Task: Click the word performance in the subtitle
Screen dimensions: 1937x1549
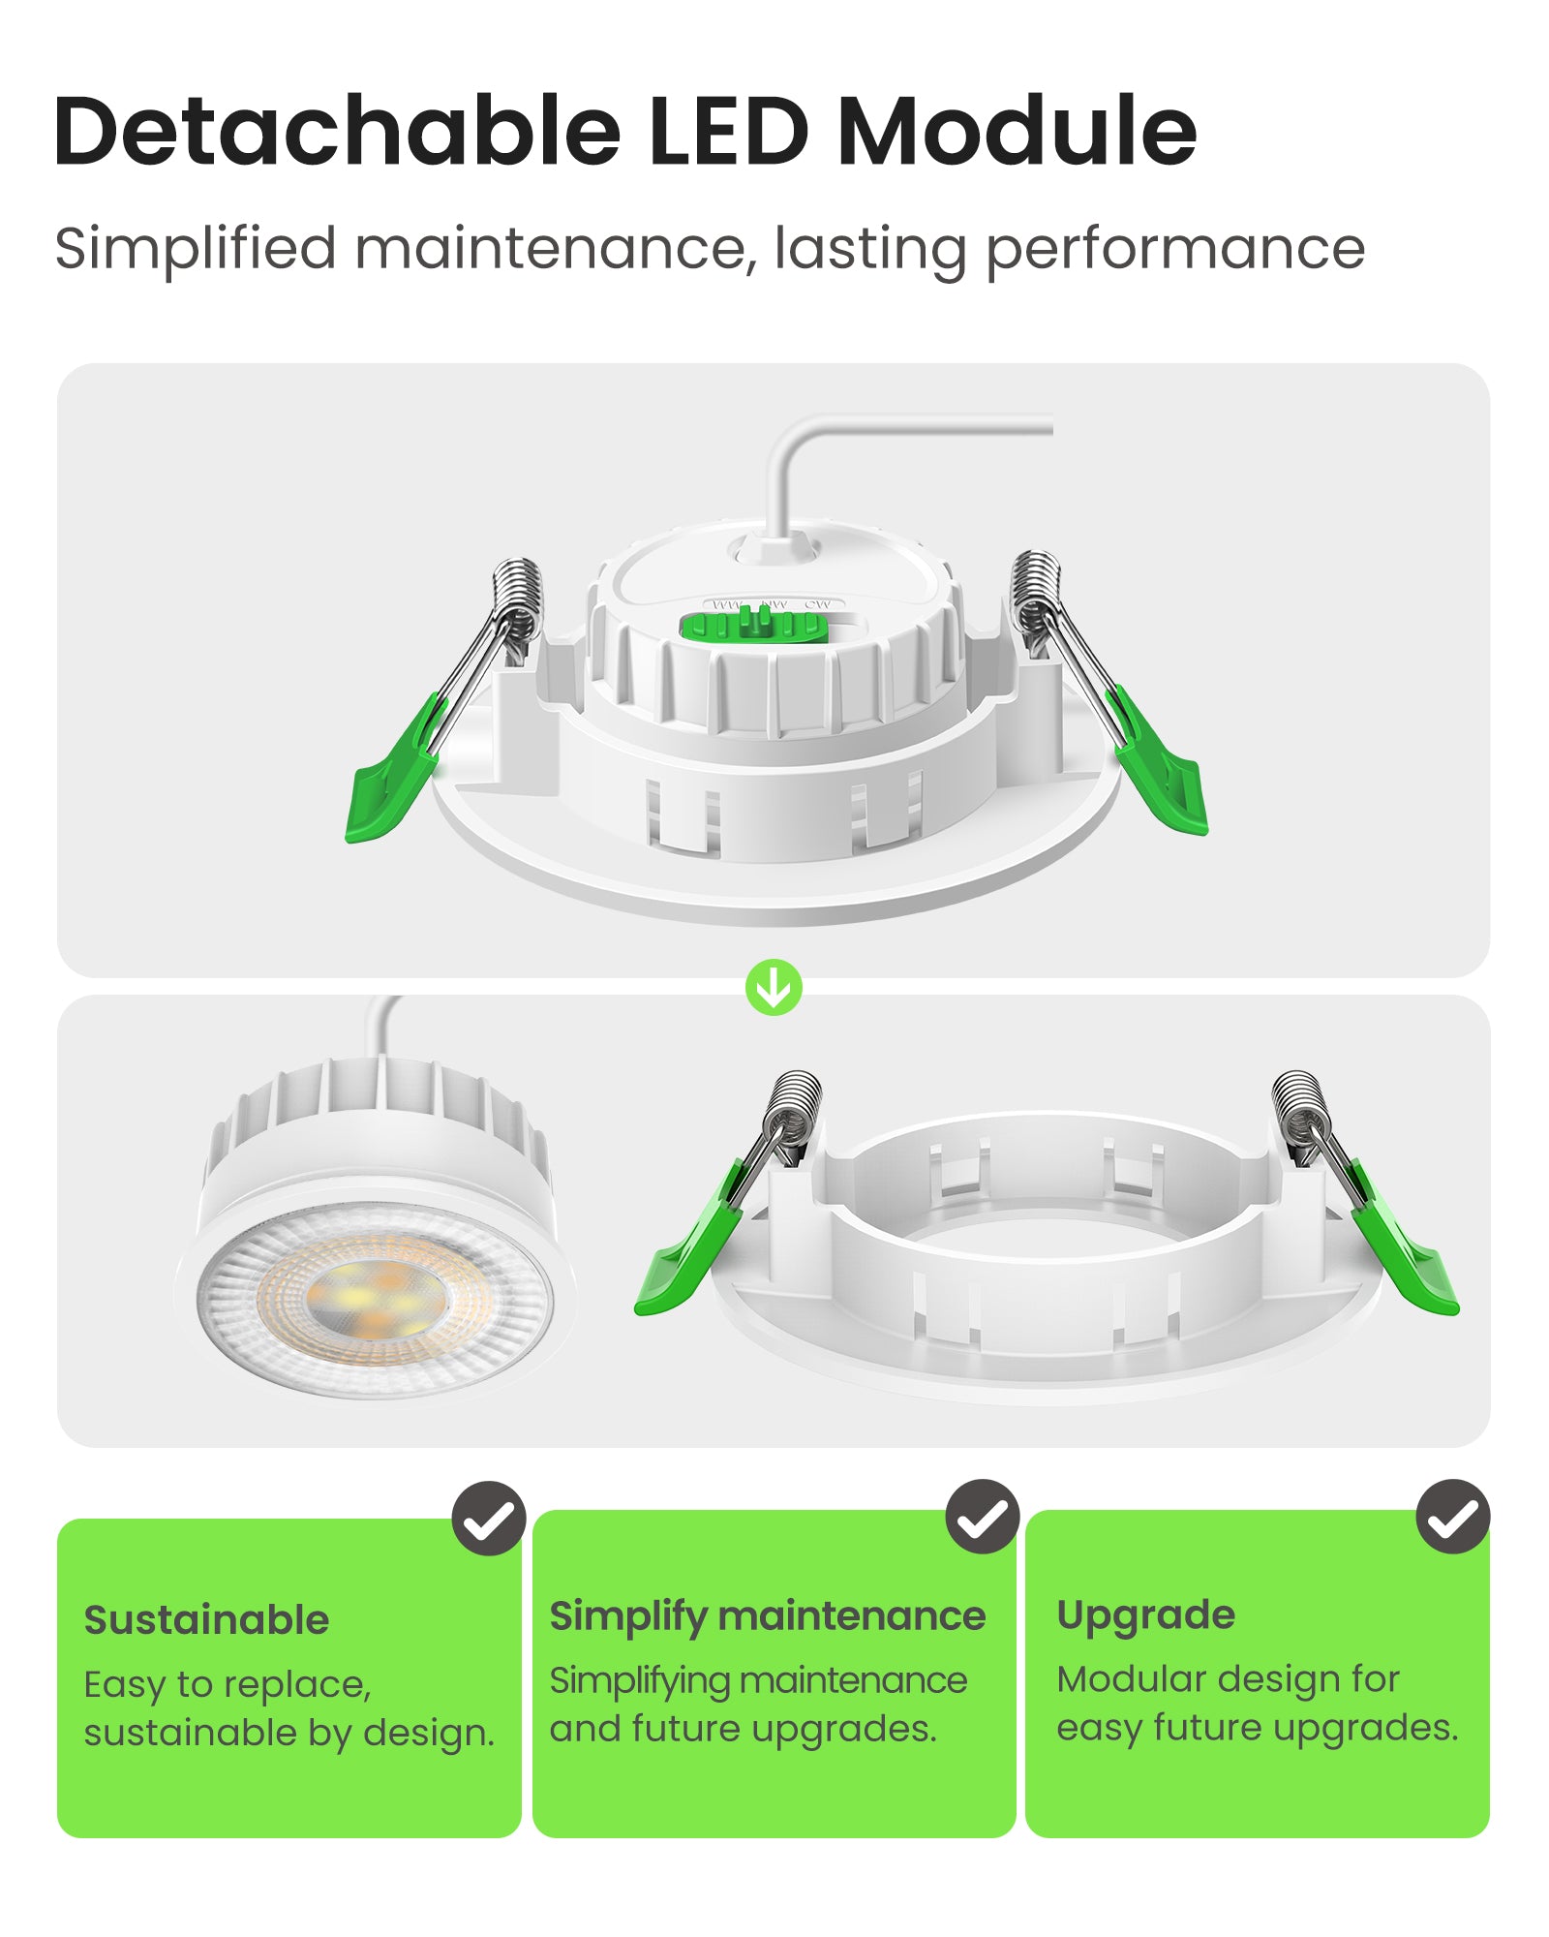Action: (x=1174, y=250)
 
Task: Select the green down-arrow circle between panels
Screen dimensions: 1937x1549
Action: (x=774, y=988)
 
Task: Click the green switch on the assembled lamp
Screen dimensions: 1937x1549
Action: (x=753, y=626)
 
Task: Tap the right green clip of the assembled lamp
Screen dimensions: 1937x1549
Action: (x=1164, y=770)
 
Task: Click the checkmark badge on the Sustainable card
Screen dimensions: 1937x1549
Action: (x=489, y=1519)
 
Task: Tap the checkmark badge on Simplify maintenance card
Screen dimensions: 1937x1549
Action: (x=983, y=1517)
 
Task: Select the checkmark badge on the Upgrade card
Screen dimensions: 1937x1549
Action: (x=1453, y=1517)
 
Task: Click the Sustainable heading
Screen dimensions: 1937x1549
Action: (x=206, y=1620)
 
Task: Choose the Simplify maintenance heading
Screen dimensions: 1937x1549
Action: (x=767, y=1616)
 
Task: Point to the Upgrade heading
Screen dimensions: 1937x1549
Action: (x=1145, y=1615)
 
